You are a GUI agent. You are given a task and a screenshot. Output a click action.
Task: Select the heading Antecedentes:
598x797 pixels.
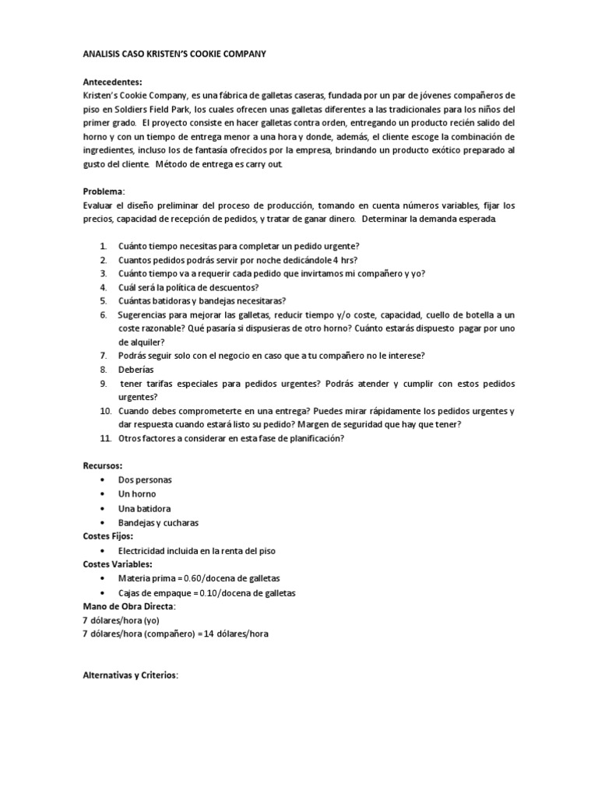point(114,81)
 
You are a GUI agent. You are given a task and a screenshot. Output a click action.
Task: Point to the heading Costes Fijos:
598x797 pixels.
point(108,536)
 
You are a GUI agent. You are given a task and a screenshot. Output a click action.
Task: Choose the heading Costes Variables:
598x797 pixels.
point(118,564)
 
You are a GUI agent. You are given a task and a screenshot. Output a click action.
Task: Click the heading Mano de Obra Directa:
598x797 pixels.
point(129,606)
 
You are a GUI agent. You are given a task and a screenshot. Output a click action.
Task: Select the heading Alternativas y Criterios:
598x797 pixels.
point(131,676)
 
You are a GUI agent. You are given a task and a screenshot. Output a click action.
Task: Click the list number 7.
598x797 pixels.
point(103,356)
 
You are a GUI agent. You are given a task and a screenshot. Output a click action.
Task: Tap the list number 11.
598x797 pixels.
point(105,438)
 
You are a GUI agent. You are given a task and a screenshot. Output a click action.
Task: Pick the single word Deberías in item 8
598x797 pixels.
point(136,370)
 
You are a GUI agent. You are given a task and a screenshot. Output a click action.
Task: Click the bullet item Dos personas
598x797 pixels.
point(145,480)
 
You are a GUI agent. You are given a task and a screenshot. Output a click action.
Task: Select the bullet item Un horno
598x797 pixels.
point(137,494)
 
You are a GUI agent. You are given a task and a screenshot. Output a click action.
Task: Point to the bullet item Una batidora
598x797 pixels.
point(144,508)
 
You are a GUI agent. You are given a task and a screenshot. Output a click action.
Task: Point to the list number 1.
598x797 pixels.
point(103,246)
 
